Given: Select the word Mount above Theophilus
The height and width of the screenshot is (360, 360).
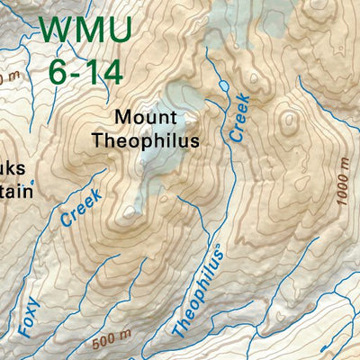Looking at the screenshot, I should tap(145, 118).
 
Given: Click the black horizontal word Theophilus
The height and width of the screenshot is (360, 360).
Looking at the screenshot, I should tap(145, 141).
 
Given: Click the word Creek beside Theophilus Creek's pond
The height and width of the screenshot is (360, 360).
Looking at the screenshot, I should tap(238, 117).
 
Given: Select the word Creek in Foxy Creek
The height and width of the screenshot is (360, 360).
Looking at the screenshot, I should tap(81, 206).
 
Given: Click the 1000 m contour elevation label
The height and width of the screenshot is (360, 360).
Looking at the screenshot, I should tap(345, 181).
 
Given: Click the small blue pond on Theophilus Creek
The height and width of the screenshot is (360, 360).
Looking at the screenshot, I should tap(223, 85).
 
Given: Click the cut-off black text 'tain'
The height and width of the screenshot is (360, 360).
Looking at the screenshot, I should tap(16, 191).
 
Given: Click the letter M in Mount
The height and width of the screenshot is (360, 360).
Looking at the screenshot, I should tap(121, 118).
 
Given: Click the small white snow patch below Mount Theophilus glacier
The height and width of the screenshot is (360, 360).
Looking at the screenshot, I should tap(131, 213).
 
